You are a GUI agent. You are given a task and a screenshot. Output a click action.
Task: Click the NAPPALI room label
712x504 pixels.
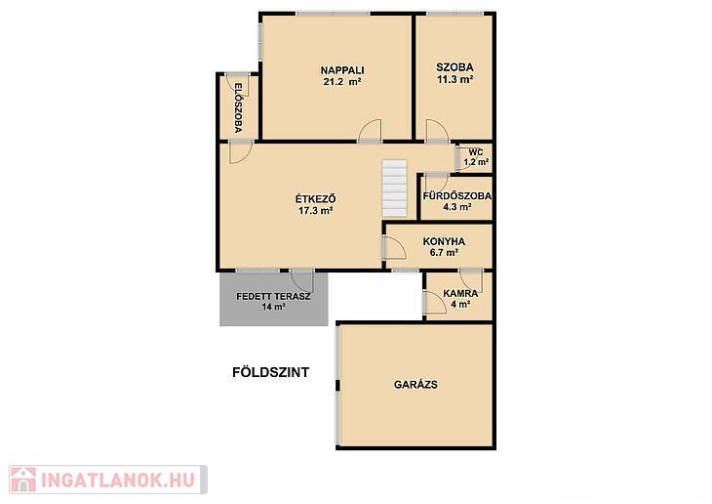pos(342,70)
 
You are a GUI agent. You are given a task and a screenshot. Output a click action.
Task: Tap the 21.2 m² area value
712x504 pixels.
pos(342,82)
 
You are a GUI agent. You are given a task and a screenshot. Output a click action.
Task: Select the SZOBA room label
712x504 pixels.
pos(455,67)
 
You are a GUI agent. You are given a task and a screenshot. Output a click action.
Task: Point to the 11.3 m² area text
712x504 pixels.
pos(455,79)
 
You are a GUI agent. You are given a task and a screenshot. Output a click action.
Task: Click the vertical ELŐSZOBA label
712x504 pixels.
pos(238,107)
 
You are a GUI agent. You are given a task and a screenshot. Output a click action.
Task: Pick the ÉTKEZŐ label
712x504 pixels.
pos(316,199)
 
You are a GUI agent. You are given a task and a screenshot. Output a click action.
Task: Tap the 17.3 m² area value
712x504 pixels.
pos(316,211)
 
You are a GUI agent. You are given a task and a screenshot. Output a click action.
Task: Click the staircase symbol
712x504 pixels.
pos(394,188)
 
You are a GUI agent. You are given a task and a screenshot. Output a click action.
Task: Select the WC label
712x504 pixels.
pos(475,152)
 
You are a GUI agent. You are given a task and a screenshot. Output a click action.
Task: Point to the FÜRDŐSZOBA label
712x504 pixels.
pos(456,196)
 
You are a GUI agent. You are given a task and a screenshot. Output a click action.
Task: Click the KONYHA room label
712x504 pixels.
pos(444,241)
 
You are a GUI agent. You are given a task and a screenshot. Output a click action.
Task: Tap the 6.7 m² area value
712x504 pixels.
pos(444,252)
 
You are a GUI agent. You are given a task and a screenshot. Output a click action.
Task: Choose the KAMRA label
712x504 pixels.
pos(460,293)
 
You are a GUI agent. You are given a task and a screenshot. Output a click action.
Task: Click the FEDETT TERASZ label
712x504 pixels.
pos(273,297)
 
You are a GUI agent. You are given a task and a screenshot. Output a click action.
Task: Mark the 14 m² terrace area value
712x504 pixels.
pos(273,307)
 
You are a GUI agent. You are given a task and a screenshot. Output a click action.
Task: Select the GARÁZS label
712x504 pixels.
pos(415,385)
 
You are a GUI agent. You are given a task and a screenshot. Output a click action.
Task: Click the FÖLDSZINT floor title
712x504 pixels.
pos(270,372)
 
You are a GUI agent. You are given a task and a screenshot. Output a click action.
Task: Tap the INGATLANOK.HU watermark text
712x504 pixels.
pos(118,480)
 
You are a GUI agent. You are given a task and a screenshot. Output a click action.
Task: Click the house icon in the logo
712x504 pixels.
pos(23,480)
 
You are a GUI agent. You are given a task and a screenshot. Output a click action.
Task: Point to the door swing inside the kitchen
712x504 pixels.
pos(395,248)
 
